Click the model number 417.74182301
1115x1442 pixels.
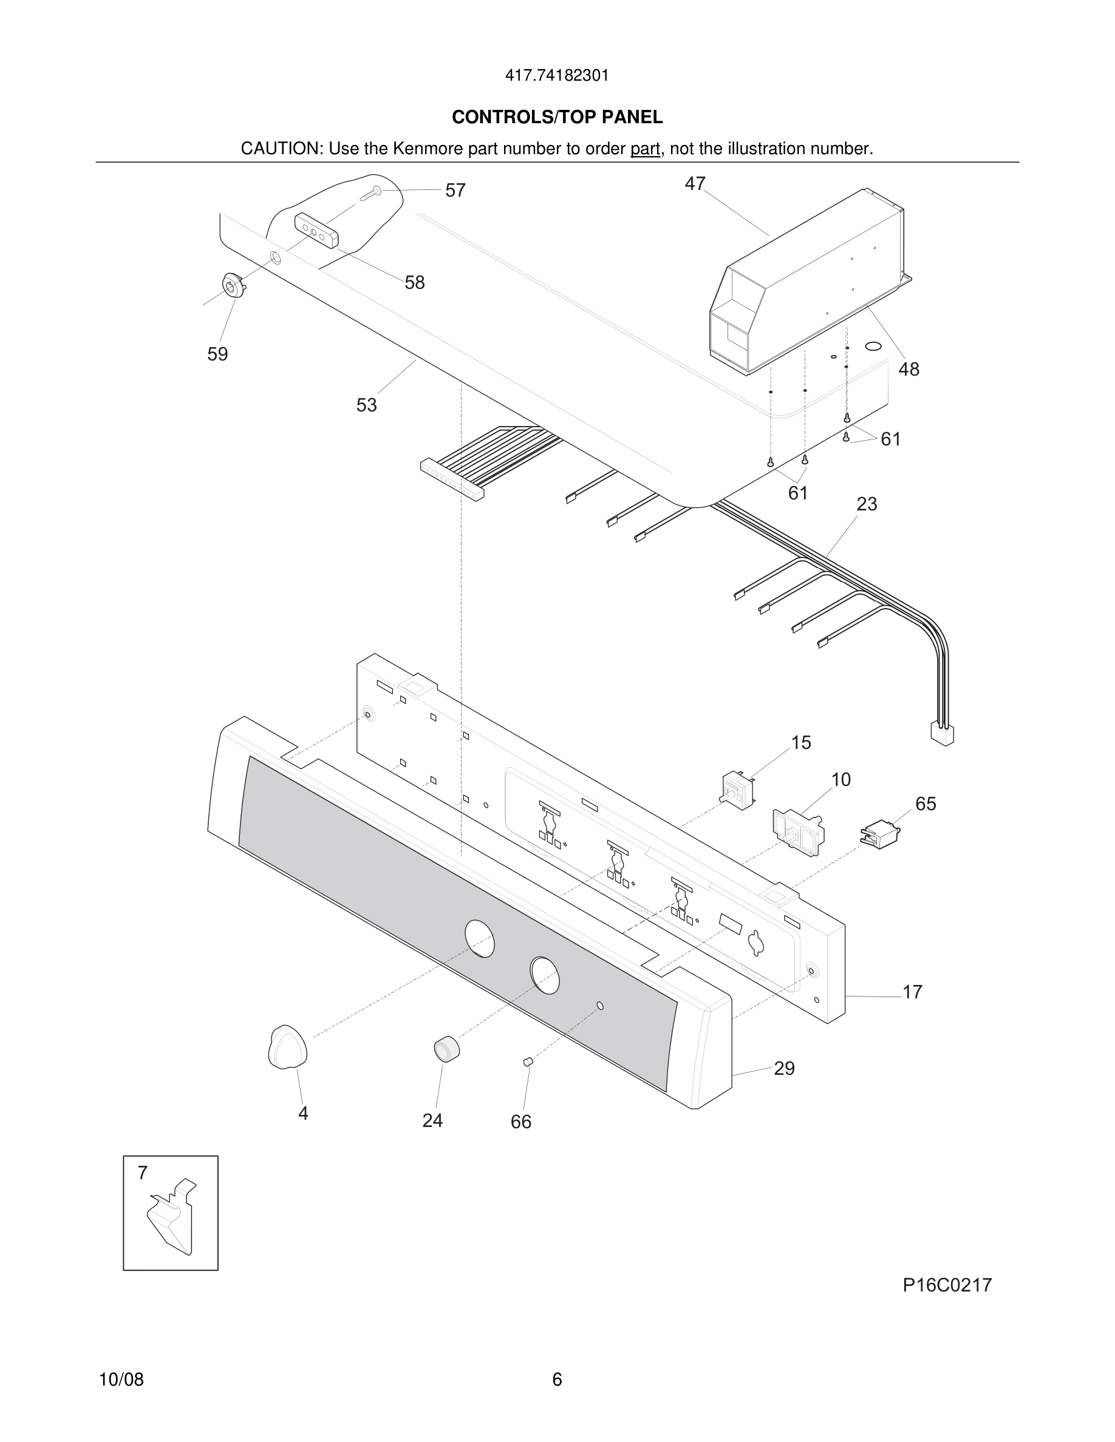point(557,76)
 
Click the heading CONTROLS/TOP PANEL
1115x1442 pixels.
point(557,118)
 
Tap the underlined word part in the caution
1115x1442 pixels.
point(645,149)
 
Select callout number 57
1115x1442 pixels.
point(455,191)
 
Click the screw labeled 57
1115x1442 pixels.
point(372,193)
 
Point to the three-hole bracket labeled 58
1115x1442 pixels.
point(316,230)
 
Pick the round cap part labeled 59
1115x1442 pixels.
point(232,286)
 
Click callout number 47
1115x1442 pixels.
point(695,183)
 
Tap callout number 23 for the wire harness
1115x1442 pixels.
point(867,504)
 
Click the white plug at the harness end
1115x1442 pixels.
point(942,734)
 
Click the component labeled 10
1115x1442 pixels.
point(797,832)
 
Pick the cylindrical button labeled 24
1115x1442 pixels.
point(446,1050)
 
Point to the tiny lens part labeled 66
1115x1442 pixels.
point(527,1061)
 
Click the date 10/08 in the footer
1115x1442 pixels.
point(121,1379)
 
